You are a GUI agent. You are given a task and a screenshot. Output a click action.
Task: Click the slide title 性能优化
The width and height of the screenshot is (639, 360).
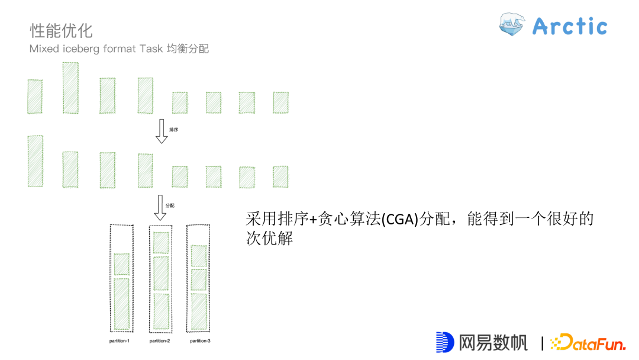(x=61, y=30)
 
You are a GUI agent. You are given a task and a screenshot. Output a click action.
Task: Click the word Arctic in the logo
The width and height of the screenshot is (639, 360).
(x=569, y=26)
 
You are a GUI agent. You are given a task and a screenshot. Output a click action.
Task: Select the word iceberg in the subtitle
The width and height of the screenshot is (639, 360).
(x=80, y=49)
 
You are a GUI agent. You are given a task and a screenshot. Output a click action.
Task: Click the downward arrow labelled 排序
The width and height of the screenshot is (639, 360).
(x=162, y=131)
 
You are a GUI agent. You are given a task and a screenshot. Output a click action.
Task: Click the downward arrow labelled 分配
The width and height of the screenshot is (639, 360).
(x=160, y=207)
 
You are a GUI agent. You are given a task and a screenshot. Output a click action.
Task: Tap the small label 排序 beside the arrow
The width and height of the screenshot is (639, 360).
(x=173, y=129)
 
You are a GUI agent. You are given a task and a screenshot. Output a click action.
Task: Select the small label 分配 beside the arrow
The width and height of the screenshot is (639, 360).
(x=170, y=205)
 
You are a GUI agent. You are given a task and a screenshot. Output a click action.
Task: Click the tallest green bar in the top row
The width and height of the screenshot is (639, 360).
(x=70, y=88)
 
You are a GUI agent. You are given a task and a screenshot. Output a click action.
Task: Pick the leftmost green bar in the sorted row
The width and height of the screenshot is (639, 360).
(x=35, y=161)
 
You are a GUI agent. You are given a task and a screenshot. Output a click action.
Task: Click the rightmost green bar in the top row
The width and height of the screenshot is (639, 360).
(x=280, y=102)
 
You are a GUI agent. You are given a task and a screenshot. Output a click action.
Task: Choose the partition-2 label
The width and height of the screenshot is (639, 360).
(x=160, y=341)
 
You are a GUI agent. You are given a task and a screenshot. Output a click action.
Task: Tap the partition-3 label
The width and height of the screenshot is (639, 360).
(x=200, y=341)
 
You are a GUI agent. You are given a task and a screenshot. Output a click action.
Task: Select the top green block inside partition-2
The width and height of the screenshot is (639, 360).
(x=161, y=243)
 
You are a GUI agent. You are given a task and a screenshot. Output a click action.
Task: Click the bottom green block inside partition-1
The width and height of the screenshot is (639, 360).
(x=121, y=304)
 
